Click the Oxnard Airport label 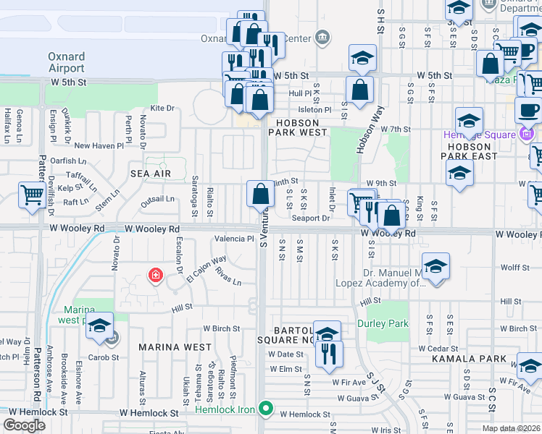[66, 62]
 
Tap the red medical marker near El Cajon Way [155, 275]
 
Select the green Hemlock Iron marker [266, 410]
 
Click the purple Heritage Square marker [527, 135]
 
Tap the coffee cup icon [528, 110]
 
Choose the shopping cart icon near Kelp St [32, 195]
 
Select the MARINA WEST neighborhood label [176, 347]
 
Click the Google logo [24, 425]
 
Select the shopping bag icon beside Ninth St [260, 194]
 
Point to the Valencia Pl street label [233, 239]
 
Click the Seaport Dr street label [310, 218]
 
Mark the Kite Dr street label [162, 109]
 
